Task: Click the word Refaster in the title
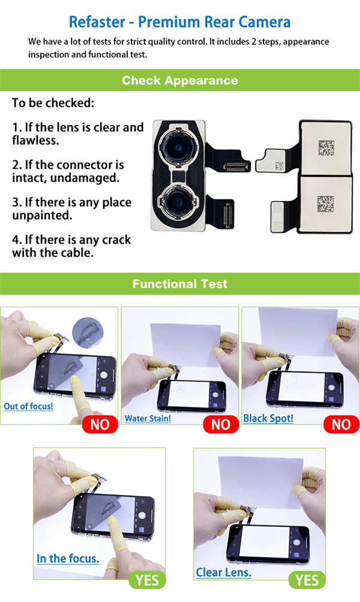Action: [97, 22]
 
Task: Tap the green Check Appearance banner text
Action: [180, 80]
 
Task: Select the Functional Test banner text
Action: [180, 284]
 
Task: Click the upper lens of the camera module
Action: [178, 148]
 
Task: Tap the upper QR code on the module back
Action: [326, 148]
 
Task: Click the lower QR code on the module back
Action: [325, 204]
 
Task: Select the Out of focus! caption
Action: [28, 406]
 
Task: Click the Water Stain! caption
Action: [148, 418]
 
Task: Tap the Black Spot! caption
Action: [268, 418]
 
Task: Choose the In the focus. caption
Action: [68, 559]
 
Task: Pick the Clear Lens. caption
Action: [224, 573]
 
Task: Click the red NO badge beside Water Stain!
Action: [221, 424]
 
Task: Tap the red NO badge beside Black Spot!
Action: [341, 424]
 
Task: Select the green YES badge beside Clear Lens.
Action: [307, 580]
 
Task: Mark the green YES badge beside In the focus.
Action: [148, 580]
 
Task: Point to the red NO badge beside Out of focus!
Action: [100, 424]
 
